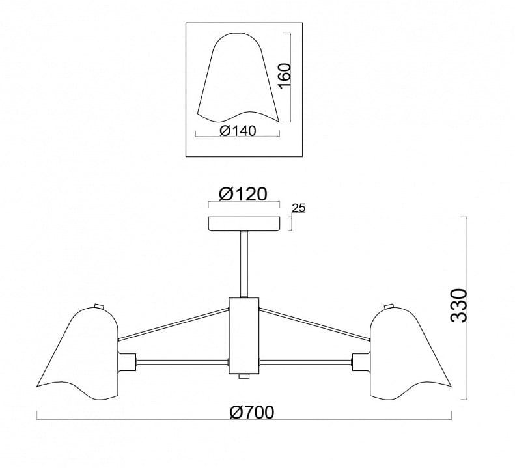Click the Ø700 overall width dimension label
251,412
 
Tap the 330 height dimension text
459,306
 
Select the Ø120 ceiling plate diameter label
243,194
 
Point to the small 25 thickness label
299,208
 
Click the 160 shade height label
285,76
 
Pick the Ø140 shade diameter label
238,131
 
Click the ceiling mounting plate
244,224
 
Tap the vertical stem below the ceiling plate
244,265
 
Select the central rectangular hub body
244,336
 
